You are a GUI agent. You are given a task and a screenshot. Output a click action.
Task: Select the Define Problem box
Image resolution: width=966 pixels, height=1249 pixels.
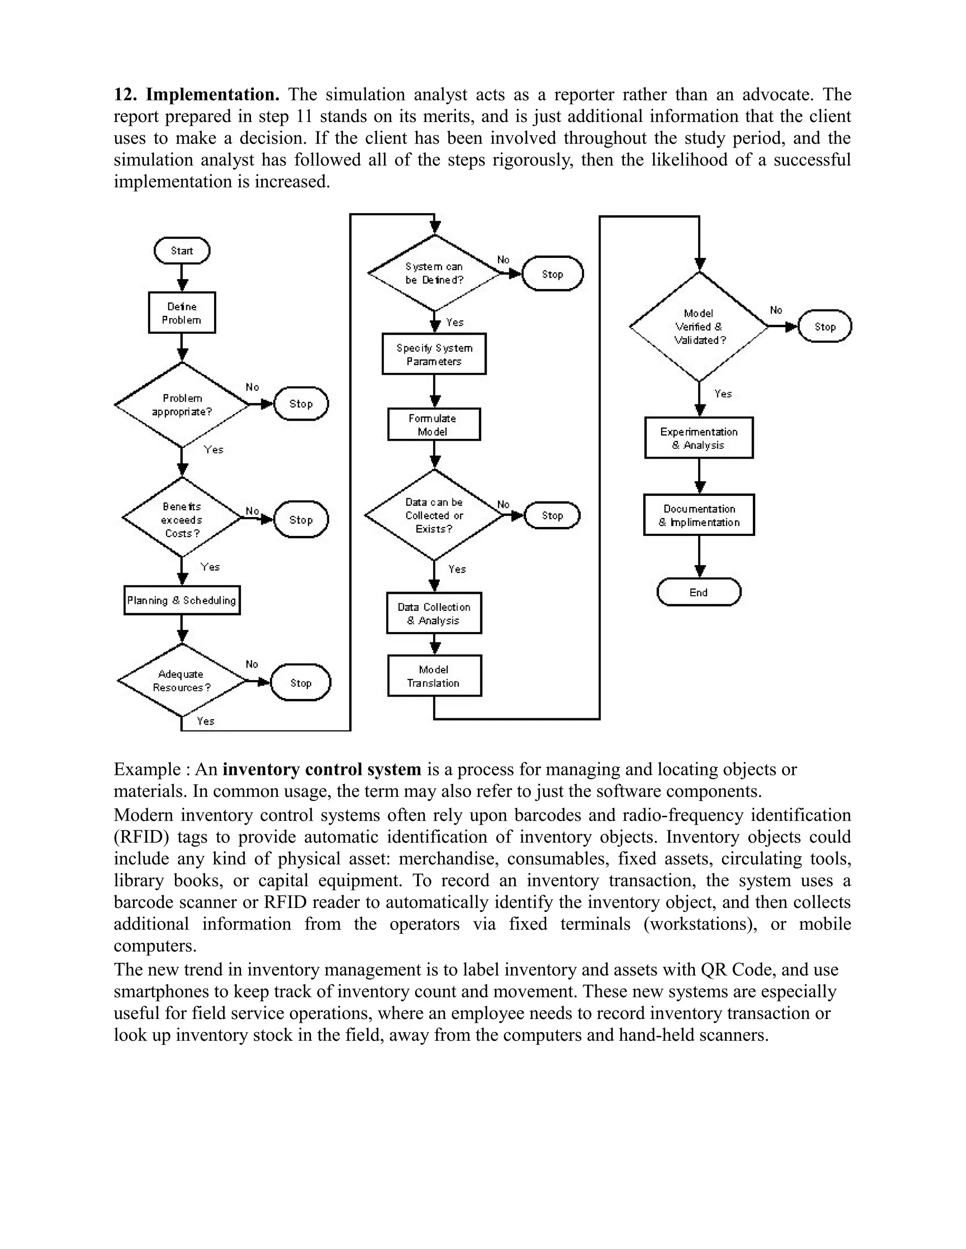click(182, 313)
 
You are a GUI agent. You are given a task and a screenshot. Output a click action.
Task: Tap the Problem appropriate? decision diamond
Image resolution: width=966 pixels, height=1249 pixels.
click(182, 405)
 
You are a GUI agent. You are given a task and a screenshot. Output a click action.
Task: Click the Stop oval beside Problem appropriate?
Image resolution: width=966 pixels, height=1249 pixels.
click(301, 404)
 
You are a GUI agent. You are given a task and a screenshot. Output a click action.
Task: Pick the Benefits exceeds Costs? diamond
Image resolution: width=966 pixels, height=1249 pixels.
click(182, 519)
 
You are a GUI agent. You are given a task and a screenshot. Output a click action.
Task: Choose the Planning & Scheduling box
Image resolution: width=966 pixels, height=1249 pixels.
click(182, 600)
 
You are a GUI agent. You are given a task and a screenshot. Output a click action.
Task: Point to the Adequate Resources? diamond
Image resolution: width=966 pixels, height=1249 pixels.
click(182, 681)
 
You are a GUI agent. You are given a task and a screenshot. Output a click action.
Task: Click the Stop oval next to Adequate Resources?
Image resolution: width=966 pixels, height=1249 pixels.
click(300, 683)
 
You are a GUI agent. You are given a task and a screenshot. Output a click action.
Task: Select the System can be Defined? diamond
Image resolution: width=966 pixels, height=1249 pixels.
click(434, 273)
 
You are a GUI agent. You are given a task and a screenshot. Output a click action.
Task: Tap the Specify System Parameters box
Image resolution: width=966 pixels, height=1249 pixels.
click(434, 354)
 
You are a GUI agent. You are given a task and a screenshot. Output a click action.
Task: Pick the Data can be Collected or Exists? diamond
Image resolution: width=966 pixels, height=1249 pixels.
click(434, 515)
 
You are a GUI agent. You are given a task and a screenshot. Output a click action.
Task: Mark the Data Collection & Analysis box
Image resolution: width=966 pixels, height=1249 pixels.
click(434, 614)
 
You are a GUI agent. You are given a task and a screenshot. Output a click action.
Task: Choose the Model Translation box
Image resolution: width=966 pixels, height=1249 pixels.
click(434, 676)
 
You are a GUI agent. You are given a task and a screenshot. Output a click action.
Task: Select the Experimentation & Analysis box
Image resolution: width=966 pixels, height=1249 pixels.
click(699, 438)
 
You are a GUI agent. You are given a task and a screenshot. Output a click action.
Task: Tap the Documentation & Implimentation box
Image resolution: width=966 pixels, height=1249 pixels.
click(699, 515)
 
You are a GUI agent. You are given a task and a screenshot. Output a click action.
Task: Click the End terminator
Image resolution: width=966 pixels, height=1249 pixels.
click(699, 592)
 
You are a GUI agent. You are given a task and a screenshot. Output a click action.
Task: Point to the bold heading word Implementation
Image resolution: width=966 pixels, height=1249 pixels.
click(212, 94)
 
